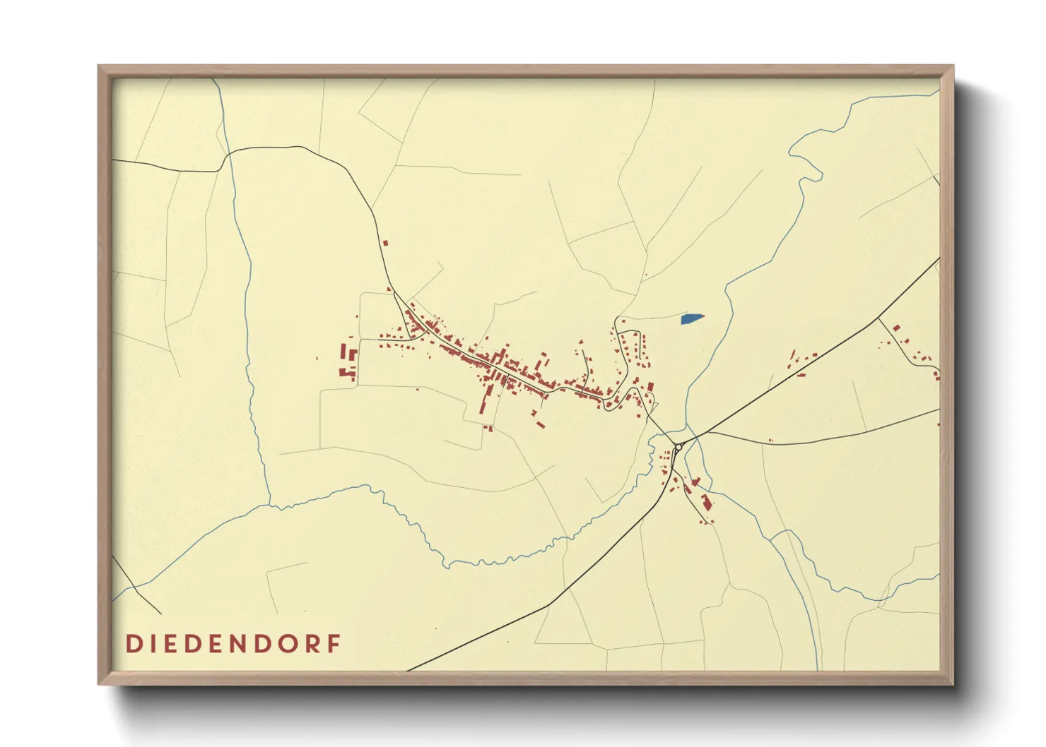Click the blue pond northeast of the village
coord(693,319)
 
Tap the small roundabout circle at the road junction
coord(678,448)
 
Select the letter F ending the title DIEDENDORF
coord(334,644)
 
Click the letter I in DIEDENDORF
coord(152,644)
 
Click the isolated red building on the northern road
coord(385,243)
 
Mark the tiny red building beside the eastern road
coord(770,441)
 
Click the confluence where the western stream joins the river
coord(269,506)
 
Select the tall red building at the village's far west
coord(343,352)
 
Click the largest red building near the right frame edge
coord(897,328)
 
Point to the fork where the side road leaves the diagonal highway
coord(878,318)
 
